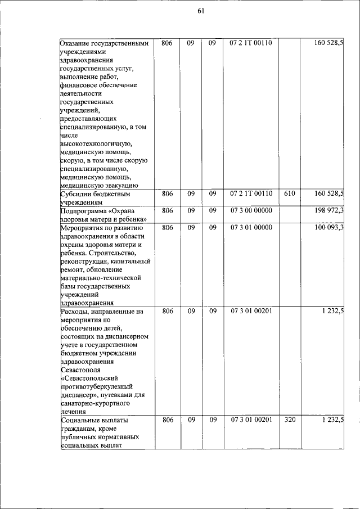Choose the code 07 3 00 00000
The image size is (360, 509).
coord(251,210)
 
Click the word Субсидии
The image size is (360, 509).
coord(75,194)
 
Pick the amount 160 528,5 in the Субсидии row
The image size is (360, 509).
coord(329,193)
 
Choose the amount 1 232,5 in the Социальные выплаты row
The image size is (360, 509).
coord(333,420)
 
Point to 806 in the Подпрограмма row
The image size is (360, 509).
coord(167,210)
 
